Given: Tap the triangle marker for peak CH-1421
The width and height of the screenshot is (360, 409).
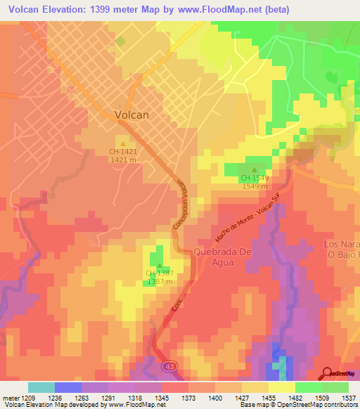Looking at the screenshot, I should pos(124,143).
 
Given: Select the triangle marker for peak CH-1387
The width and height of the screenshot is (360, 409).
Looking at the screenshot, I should pos(160,265).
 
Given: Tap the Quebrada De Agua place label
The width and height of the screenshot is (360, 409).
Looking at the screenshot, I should pos(224,258).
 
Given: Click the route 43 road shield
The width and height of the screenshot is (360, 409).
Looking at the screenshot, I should pos(169,366).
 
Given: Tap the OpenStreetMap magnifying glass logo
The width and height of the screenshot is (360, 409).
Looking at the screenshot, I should pos(328,373).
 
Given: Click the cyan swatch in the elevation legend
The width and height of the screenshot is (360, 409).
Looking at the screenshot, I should pos(41,387).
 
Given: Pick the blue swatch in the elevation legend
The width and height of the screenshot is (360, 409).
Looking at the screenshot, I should pos(68,387).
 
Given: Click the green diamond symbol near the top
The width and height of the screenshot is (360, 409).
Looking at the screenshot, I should pos(120,41).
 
